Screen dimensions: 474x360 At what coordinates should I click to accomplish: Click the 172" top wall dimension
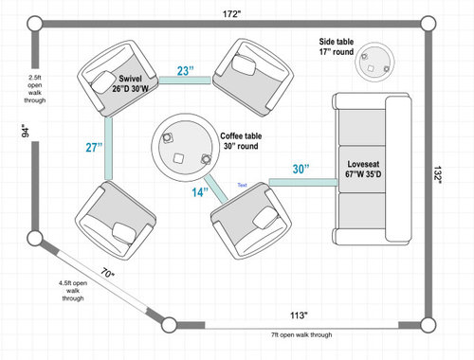click(231, 14)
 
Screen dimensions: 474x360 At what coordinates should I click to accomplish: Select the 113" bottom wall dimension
click(299, 315)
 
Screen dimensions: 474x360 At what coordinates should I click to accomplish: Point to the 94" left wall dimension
click(26, 131)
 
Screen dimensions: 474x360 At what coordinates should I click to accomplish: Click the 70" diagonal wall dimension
click(107, 273)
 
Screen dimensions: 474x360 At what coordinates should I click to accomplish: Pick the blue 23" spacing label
click(185, 71)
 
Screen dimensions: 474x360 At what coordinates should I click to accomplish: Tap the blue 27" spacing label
click(94, 147)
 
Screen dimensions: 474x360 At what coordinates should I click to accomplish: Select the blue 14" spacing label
click(200, 192)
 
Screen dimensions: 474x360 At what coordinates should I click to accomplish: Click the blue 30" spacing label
click(301, 169)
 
